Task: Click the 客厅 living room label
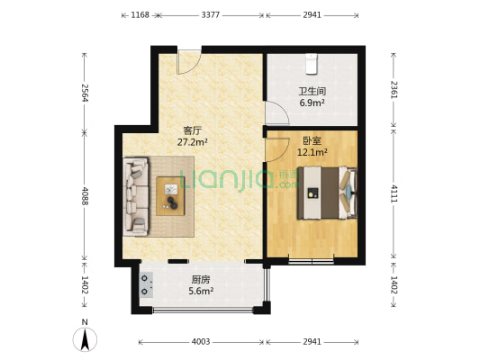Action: pyautogui.click(x=192, y=130)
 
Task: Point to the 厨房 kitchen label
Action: pyautogui.click(x=201, y=279)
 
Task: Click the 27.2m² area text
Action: pyautogui.click(x=193, y=142)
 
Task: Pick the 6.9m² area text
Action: pyautogui.click(x=312, y=103)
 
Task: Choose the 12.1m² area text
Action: pyautogui.click(x=312, y=152)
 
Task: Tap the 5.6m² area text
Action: pyautogui.click(x=201, y=291)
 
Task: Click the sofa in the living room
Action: pyautogui.click(x=136, y=195)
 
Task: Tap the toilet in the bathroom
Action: pyautogui.click(x=312, y=61)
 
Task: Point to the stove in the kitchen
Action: pyautogui.click(x=145, y=285)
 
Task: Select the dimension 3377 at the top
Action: pyautogui.click(x=210, y=15)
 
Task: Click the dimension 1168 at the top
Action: pyautogui.click(x=140, y=15)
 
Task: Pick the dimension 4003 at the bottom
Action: pyautogui.click(x=200, y=342)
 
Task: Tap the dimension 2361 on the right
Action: pyautogui.click(x=394, y=89)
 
